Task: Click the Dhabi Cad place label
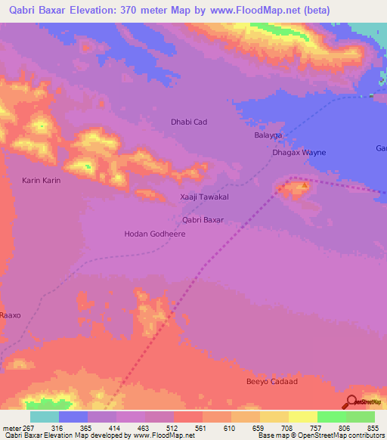point(188,122)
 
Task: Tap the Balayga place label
point(268,135)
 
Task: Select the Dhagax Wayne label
point(299,153)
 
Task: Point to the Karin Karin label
point(41,181)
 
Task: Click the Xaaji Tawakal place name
point(204,197)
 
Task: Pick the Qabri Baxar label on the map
point(203,220)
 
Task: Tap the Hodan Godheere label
point(154,234)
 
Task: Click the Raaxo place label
point(11,315)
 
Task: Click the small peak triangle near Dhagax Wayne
point(305,184)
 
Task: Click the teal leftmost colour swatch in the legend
point(45,417)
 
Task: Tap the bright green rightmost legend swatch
point(361,417)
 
